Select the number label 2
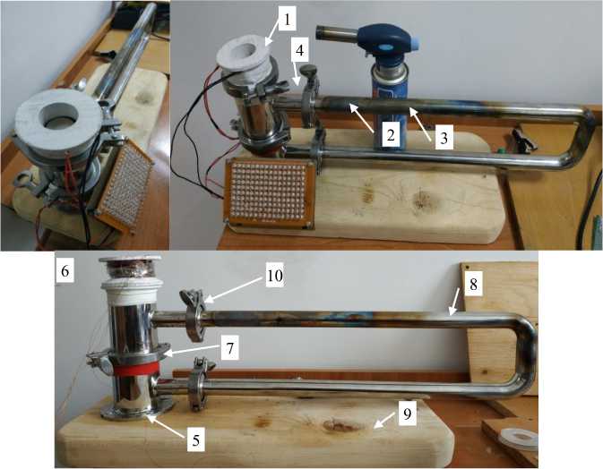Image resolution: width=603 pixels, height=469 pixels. (x=391, y=135)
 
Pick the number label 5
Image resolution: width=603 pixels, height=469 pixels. (x=195, y=440)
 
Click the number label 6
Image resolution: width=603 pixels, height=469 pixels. (x=65, y=271)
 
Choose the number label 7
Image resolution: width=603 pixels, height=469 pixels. (x=229, y=349)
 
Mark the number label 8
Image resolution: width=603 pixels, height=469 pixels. (x=473, y=285)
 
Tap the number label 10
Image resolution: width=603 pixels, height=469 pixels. (x=275, y=276)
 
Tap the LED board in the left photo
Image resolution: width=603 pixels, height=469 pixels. (x=125, y=183)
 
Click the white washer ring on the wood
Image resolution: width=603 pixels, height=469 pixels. (x=520, y=439)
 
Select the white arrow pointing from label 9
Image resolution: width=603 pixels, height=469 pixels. (x=385, y=422)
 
